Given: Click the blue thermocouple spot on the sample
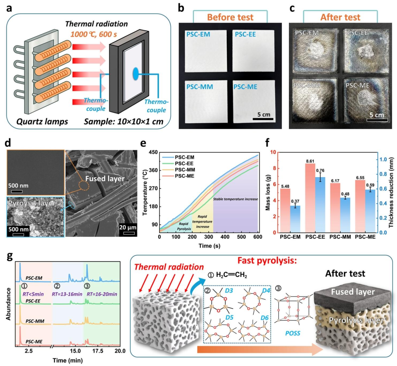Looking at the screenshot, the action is pyautogui.click(x=136, y=74).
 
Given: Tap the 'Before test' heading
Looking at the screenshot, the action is pyautogui.click(x=230, y=17).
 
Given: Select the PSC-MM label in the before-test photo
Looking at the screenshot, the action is pyautogui.click(x=200, y=87).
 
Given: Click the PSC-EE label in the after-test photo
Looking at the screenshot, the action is pyautogui.click(x=357, y=33).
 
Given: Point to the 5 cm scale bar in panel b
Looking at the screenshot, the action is pyautogui.click(x=263, y=118).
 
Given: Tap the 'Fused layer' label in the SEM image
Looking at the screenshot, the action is pyautogui.click(x=105, y=179).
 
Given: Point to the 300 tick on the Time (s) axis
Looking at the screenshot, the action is pyautogui.click(x=209, y=237).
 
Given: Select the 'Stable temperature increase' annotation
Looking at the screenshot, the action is pyautogui.click(x=236, y=199).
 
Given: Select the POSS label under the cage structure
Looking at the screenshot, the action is pyautogui.click(x=293, y=333).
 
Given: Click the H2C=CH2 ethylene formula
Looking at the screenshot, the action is pyautogui.click(x=232, y=275).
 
